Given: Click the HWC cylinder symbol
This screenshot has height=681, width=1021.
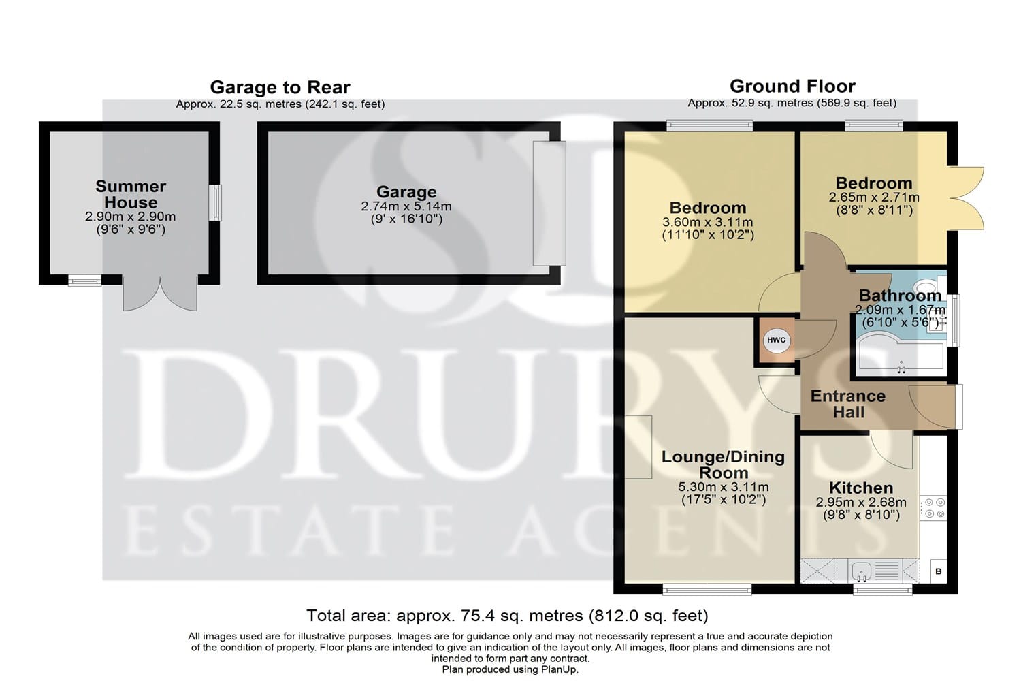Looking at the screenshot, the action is tap(776, 340).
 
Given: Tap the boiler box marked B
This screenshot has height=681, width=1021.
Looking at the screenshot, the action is tap(938, 571).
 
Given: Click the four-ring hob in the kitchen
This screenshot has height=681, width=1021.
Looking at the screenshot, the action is tap(933, 508).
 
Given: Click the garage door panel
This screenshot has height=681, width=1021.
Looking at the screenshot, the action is tap(549, 203).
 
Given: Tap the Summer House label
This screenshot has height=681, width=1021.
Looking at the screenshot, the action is tap(131, 194).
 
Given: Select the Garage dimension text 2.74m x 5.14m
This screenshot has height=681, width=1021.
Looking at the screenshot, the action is tap(406, 206).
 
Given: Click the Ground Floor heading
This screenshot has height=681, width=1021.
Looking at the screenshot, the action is tap(793, 86).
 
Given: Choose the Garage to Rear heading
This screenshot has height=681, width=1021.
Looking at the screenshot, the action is tap(280, 87).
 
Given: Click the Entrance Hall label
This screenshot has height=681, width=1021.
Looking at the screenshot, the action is tap(848, 404).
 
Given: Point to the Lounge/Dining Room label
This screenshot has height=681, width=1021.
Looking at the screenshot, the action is tap(723, 464).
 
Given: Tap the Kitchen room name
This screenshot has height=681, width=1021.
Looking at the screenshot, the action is tap(861, 488).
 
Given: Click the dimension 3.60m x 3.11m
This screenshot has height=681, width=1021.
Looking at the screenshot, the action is tap(708, 222).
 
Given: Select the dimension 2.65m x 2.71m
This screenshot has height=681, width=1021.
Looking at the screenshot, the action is tap(874, 197).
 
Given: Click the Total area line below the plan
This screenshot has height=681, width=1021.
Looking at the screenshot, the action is tap(507, 616).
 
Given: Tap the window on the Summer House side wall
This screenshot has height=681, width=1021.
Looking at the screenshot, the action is tap(216, 202).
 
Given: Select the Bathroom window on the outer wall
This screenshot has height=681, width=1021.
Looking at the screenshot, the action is tap(954, 320).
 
